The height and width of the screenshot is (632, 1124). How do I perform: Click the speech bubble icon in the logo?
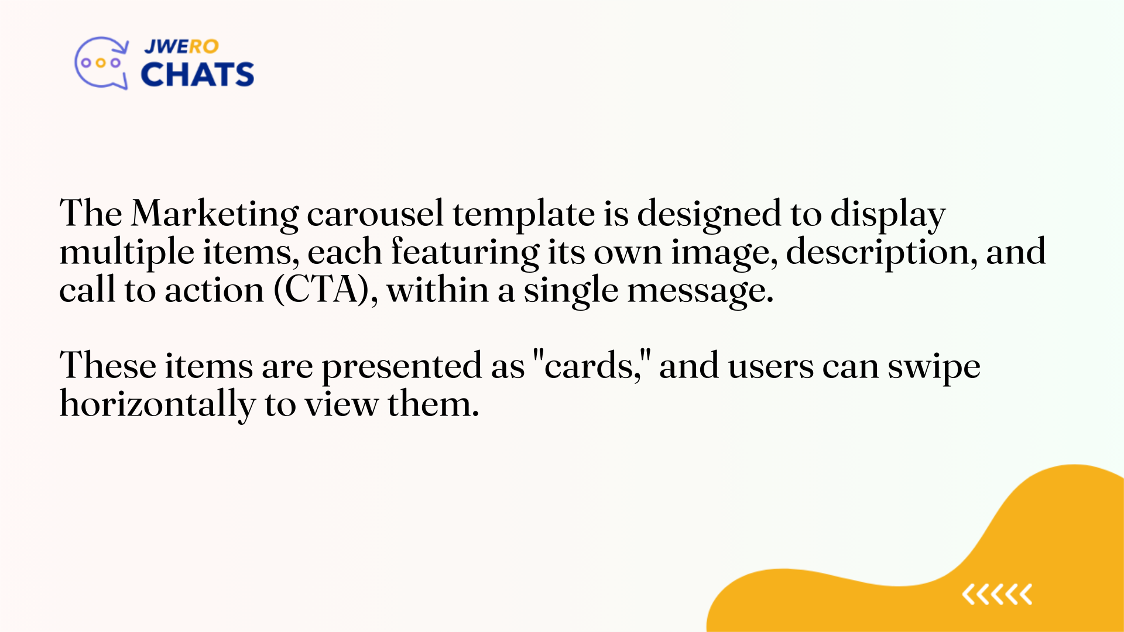click(x=101, y=63)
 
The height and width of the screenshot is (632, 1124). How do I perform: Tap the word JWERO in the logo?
click(x=181, y=46)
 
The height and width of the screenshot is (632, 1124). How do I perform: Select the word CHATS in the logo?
click(x=197, y=75)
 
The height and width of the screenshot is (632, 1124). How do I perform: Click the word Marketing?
click(x=214, y=214)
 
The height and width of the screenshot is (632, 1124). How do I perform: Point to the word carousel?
click(x=375, y=214)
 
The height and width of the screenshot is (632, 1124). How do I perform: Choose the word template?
click(x=523, y=214)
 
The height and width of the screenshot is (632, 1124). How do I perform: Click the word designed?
click(x=708, y=214)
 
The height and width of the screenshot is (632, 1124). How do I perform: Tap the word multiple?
click(x=126, y=253)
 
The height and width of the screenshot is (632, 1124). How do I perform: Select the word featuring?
click(x=465, y=253)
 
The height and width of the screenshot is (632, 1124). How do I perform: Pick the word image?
click(x=724, y=253)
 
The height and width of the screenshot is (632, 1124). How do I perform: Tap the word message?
click(x=700, y=291)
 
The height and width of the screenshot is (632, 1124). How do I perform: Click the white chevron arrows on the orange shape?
click(x=997, y=595)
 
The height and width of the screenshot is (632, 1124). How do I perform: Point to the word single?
click(x=570, y=291)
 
